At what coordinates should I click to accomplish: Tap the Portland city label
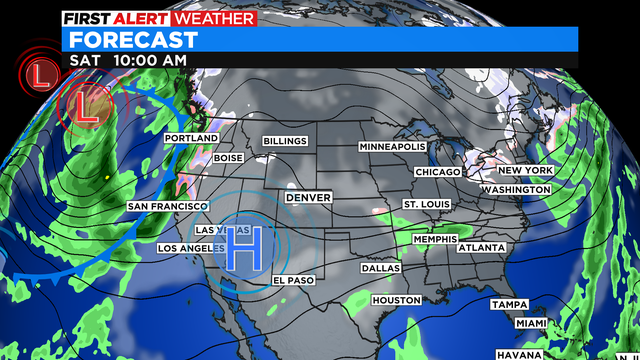191,138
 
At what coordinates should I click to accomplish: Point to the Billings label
286,141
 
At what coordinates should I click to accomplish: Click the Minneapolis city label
393,147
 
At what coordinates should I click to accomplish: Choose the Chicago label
439,172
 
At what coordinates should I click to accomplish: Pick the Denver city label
308,198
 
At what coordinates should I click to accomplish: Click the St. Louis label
425,204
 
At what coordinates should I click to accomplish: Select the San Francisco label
167,206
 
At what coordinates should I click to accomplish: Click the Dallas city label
381,268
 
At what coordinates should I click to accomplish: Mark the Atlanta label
481,247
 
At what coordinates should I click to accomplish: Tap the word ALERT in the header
142,18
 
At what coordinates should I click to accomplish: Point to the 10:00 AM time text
148,61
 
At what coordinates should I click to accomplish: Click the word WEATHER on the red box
215,18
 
